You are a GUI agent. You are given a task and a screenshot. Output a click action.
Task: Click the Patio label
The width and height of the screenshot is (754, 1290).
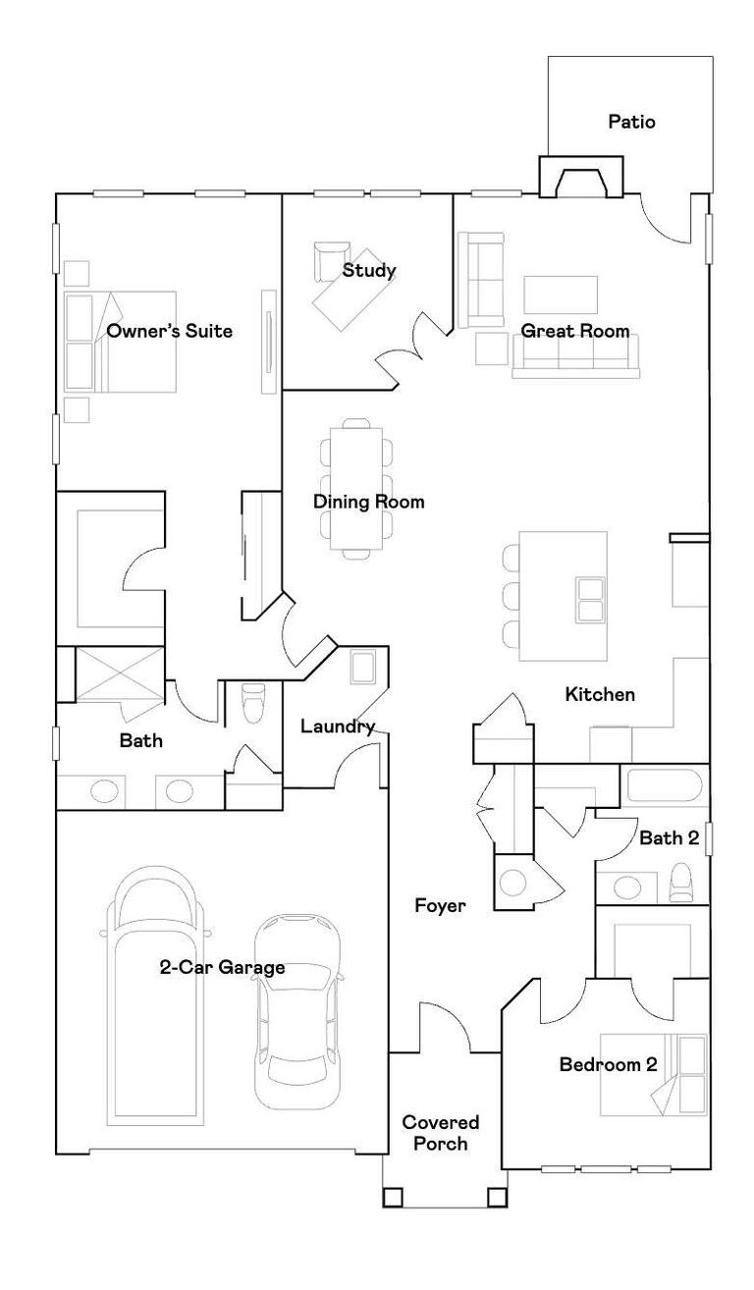631,122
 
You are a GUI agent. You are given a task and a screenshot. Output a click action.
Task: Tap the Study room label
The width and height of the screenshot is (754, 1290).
369,270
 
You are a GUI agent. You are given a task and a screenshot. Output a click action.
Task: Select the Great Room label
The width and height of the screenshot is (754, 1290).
575,331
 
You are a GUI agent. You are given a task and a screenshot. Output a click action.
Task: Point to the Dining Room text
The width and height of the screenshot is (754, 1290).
368,502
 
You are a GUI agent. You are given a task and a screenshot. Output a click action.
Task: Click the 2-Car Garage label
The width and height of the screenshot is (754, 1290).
222,967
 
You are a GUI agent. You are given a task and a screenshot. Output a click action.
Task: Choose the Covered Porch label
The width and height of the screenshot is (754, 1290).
441,1133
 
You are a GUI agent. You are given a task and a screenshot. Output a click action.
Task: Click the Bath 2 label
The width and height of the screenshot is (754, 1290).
670,838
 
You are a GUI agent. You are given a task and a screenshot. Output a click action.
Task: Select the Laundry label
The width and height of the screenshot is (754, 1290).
338,726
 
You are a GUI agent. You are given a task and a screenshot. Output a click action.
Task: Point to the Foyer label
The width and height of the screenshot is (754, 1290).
440,906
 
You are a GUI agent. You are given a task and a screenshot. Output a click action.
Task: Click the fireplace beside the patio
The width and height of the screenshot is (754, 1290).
580,177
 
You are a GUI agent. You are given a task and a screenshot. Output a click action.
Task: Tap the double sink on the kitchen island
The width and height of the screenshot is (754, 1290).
590,600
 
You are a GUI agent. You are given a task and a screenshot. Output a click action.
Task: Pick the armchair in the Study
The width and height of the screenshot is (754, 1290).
331,260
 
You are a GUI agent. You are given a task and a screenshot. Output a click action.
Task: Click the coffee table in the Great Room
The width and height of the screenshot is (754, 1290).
561,295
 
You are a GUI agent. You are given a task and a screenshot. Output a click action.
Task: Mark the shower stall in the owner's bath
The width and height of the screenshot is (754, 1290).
119,674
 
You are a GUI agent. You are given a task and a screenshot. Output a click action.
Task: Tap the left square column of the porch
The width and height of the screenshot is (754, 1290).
394,1197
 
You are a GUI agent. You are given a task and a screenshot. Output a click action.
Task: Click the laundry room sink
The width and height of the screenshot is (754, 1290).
363,668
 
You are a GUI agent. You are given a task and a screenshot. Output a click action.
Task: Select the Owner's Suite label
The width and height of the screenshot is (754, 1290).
169,331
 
